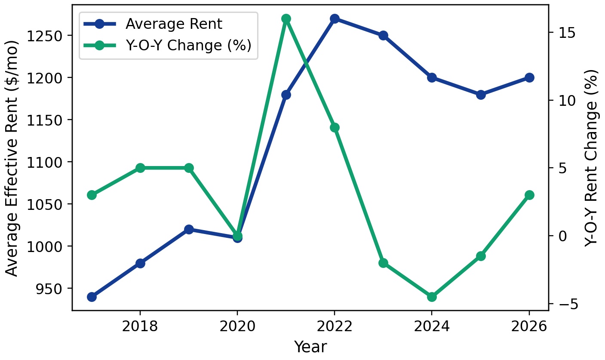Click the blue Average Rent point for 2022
[335, 18]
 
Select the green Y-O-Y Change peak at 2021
[286, 18]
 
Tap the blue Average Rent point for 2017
[92, 297]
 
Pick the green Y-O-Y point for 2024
[432, 297]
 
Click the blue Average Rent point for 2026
[529, 77]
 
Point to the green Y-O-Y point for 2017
[92, 195]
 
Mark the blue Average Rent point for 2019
[189, 229]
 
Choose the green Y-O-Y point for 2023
[384, 263]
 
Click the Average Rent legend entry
[174, 24]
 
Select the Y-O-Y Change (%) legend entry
[188, 45]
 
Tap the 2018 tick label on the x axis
[140, 327]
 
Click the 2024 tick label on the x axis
[432, 327]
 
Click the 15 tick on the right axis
[562, 32]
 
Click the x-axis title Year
[310, 347]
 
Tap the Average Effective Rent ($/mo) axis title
[13, 158]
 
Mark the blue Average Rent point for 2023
[384, 35]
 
